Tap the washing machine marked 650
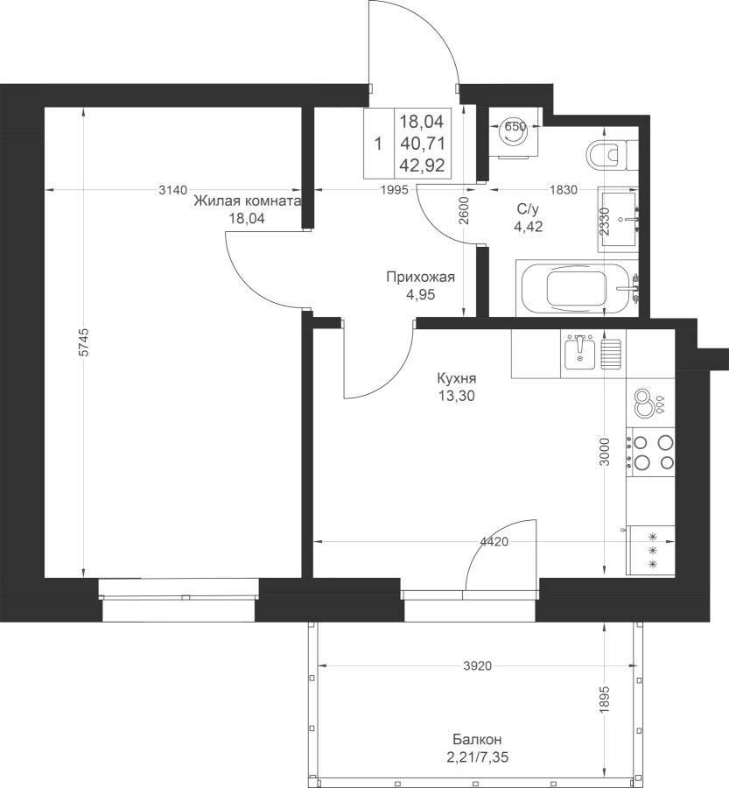click(515, 132)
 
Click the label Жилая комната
click(247, 201)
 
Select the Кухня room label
click(457, 378)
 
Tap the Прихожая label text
click(421, 277)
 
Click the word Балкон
click(477, 740)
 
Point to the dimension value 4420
click(494, 542)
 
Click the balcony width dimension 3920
click(477, 666)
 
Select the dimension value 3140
click(172, 190)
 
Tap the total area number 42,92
click(423, 165)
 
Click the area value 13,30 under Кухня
click(456, 396)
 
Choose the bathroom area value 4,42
click(528, 227)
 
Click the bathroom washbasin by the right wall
click(619, 219)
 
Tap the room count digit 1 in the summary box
click(378, 144)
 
